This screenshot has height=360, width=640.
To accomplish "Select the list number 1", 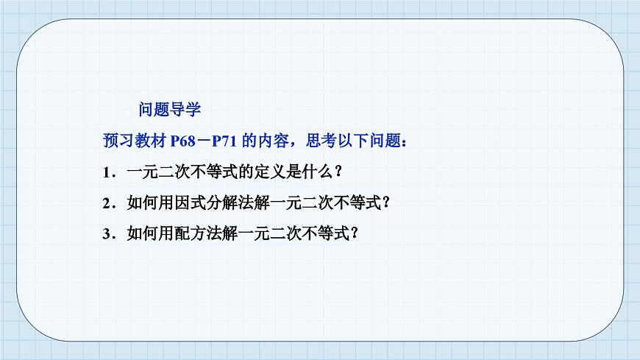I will (107, 172).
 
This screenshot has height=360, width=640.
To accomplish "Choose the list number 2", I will (107, 203).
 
